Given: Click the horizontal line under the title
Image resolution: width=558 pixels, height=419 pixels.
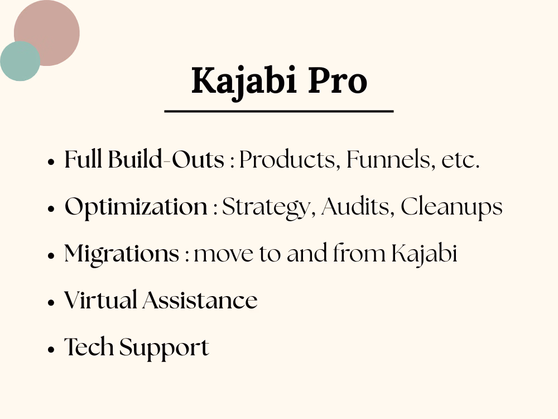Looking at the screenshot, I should coord(279,112).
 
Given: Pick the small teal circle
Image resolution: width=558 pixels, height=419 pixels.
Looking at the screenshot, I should coord(20,61).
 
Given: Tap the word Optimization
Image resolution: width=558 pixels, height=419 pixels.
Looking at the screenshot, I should coord(136,207).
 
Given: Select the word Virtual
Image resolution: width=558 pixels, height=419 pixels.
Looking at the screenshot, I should coord(100,301).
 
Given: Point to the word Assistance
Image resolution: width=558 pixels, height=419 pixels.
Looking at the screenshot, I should coord(200,301).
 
